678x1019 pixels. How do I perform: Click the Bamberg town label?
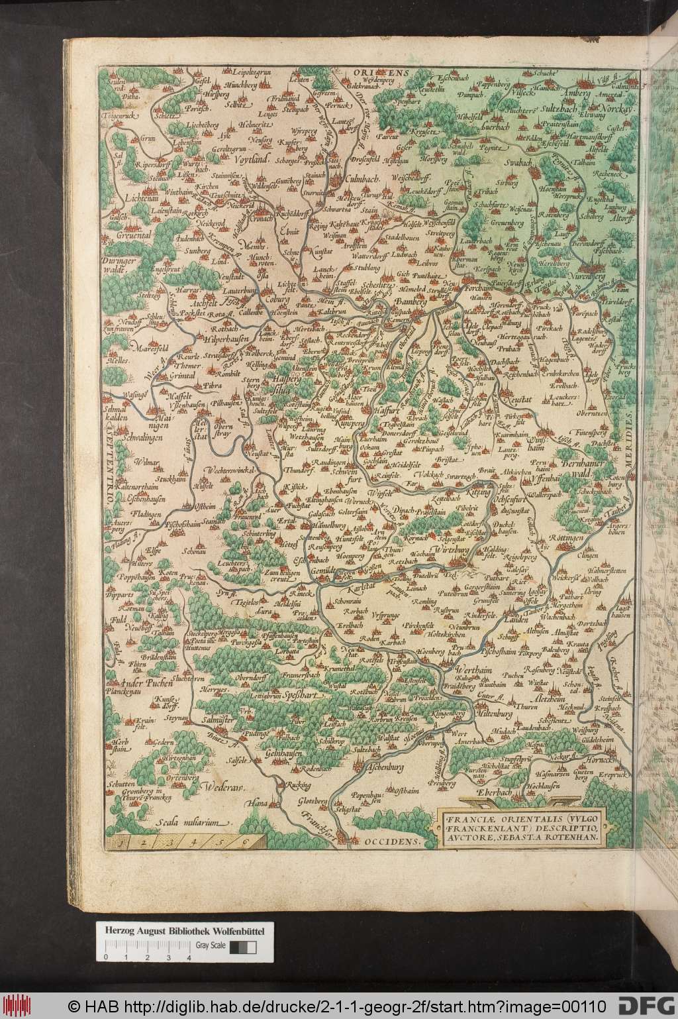point(408,302)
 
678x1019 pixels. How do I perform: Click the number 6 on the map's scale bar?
point(245,842)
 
